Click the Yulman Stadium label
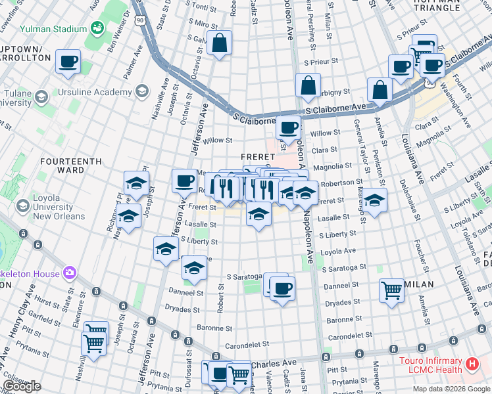point(53,29)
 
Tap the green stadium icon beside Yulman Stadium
point(97,28)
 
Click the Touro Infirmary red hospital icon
point(471,362)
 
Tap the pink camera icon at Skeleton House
point(70,273)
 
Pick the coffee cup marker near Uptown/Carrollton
point(68,62)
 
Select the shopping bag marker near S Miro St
point(219,43)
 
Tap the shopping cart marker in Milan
point(392,288)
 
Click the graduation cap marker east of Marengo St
point(374,200)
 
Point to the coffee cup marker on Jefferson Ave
point(185,180)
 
